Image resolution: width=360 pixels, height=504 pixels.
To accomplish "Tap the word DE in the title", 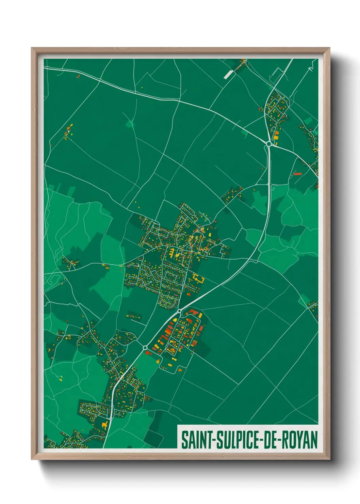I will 269,440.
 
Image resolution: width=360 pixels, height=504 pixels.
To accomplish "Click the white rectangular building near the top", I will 227,75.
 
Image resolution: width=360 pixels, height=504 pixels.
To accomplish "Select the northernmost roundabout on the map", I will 269,144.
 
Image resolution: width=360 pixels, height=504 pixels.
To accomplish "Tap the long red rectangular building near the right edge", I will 298,174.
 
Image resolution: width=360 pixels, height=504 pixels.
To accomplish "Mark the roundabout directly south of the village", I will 179,311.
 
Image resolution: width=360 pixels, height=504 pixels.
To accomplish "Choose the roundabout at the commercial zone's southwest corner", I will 145,347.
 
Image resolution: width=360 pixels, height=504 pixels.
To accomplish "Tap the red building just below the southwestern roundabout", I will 148,353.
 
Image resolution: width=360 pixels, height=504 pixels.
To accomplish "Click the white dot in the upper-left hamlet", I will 69,131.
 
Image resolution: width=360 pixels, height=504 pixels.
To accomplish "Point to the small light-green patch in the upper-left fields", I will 130,123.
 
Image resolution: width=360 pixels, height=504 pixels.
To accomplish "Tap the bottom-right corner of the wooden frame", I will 329,459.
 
